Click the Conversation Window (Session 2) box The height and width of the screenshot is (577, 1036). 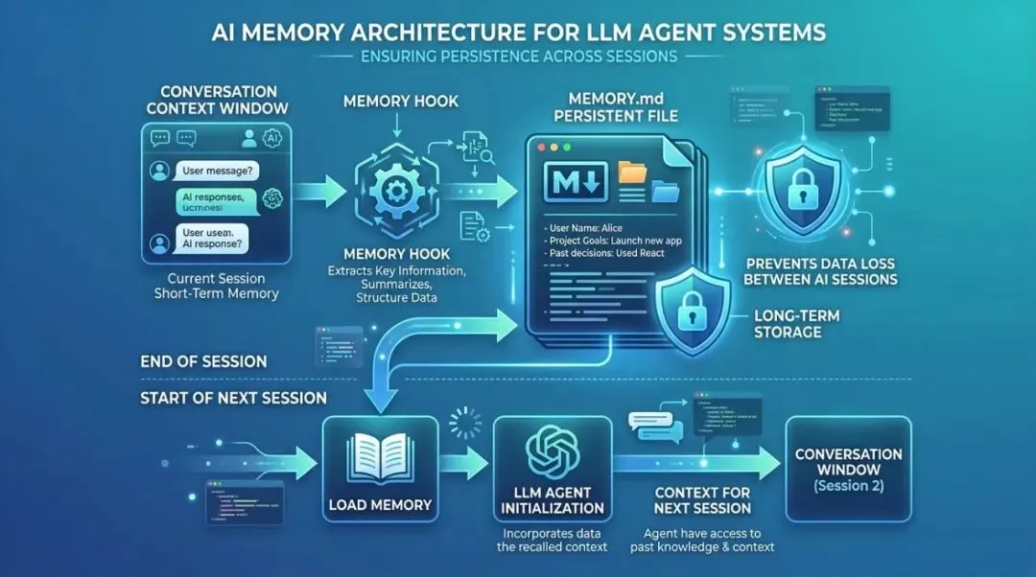848,469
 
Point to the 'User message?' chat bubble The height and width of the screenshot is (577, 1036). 218,172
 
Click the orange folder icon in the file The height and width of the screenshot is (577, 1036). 632,173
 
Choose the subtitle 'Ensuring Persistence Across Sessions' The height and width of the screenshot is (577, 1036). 518,56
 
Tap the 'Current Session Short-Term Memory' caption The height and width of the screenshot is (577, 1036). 217,285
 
